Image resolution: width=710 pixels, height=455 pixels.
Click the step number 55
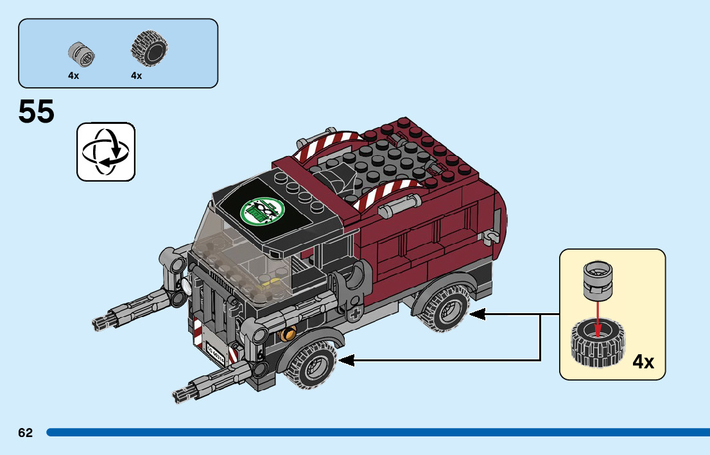point(37,112)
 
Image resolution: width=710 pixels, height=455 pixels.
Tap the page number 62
point(26,433)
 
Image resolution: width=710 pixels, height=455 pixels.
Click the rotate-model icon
point(106,152)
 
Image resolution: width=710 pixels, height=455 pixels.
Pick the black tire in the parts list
point(149,49)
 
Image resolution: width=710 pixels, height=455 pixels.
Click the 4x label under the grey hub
point(74,76)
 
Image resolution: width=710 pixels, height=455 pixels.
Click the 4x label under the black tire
point(136,76)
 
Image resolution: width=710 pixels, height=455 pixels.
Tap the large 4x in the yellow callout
point(643,362)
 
